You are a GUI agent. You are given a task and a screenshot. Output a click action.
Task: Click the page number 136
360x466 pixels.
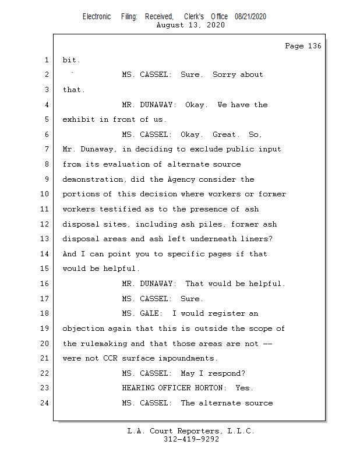tap(313, 46)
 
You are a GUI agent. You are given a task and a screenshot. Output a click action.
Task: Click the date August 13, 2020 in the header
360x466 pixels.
tap(190, 25)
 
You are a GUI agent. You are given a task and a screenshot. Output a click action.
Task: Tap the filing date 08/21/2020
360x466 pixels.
tap(250, 17)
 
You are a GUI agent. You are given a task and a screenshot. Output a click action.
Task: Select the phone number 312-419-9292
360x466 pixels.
tap(191, 439)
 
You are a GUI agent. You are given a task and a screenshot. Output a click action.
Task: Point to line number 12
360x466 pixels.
tap(45, 224)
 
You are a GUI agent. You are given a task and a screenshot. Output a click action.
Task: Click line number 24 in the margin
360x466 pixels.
tap(45, 403)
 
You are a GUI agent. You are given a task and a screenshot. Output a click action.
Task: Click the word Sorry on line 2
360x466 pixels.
tap(224, 75)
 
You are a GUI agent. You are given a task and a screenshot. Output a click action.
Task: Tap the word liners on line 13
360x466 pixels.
tap(255, 239)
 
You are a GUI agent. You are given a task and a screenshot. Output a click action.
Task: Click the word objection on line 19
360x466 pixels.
tap(83, 329)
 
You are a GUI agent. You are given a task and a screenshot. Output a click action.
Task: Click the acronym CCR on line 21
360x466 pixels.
tap(110, 358)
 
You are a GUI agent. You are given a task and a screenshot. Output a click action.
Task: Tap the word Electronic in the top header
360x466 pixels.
tap(97, 17)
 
